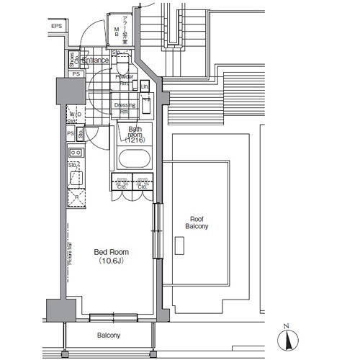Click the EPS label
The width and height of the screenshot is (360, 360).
point(57,27)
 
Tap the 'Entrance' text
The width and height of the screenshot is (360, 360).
point(95,60)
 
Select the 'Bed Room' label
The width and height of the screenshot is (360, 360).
point(112,252)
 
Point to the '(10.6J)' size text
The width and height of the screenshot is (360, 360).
point(112,261)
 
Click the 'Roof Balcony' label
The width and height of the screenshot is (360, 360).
point(197,222)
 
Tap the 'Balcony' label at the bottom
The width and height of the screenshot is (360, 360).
point(109,336)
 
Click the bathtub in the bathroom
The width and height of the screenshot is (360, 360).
point(133,159)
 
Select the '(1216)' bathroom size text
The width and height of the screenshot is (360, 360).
point(135,140)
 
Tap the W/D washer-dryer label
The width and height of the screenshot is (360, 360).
point(75,114)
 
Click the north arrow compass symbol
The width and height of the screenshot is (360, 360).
point(287,338)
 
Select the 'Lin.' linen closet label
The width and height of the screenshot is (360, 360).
point(145,87)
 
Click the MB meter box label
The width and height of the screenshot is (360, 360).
point(117,30)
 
